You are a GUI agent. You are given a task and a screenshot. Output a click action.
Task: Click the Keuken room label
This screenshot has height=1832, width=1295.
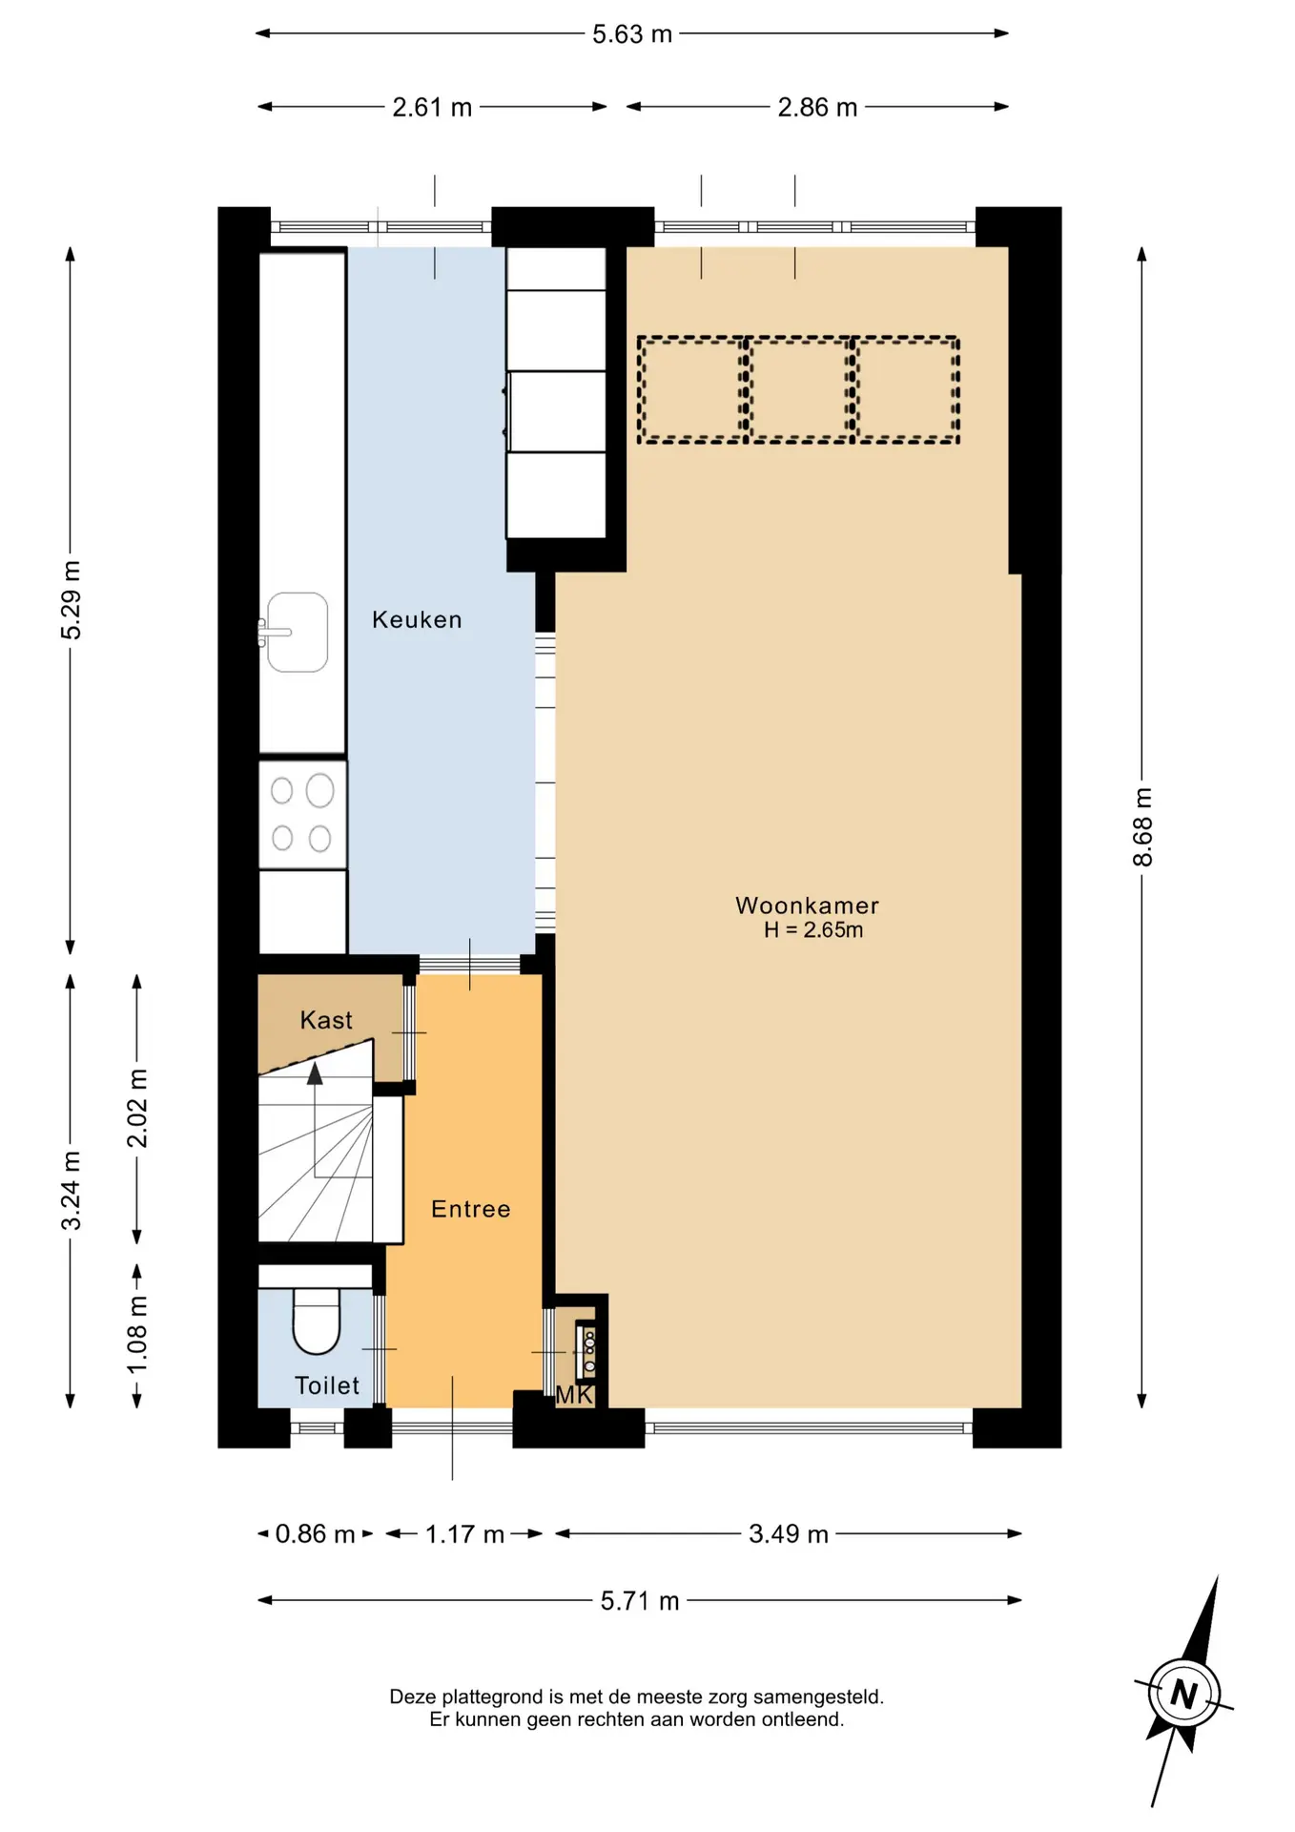[x=417, y=620]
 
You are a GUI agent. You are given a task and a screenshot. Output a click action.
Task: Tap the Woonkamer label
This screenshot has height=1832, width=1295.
[x=807, y=906]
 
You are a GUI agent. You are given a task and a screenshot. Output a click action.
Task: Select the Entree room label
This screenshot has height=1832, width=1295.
[x=471, y=1209]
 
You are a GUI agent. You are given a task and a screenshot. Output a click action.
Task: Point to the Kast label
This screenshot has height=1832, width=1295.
[x=326, y=1020]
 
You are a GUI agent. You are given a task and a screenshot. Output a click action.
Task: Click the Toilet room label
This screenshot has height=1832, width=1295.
[x=327, y=1385]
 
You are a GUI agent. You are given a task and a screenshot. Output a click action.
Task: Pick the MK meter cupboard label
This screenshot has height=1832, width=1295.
[x=575, y=1395]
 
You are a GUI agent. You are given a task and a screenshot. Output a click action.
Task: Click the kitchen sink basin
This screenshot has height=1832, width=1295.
[x=298, y=632]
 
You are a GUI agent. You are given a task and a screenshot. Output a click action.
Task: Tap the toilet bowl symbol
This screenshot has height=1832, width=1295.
[x=316, y=1321]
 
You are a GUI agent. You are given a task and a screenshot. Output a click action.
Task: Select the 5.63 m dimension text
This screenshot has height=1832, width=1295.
[x=632, y=34]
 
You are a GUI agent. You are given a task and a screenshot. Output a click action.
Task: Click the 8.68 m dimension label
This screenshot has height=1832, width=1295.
[x=1142, y=827]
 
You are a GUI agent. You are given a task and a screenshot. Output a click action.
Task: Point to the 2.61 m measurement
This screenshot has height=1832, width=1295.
[x=432, y=107]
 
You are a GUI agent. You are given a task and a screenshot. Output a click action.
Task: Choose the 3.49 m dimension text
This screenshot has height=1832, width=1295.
[x=789, y=1533]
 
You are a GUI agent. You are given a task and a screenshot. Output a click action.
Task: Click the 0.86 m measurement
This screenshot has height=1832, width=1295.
[x=315, y=1533]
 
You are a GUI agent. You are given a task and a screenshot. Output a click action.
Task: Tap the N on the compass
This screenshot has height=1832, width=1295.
[x=1183, y=1694]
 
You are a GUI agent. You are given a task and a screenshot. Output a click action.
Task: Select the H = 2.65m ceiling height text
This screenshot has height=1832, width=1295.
[x=813, y=930]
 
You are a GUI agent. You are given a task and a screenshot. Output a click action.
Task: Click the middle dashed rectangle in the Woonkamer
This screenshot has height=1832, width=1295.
[x=799, y=389]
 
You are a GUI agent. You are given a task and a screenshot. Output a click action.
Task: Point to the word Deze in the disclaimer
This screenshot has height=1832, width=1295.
[x=412, y=1697]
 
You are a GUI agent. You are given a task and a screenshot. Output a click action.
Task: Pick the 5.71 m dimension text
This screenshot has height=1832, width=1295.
[x=640, y=1600]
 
